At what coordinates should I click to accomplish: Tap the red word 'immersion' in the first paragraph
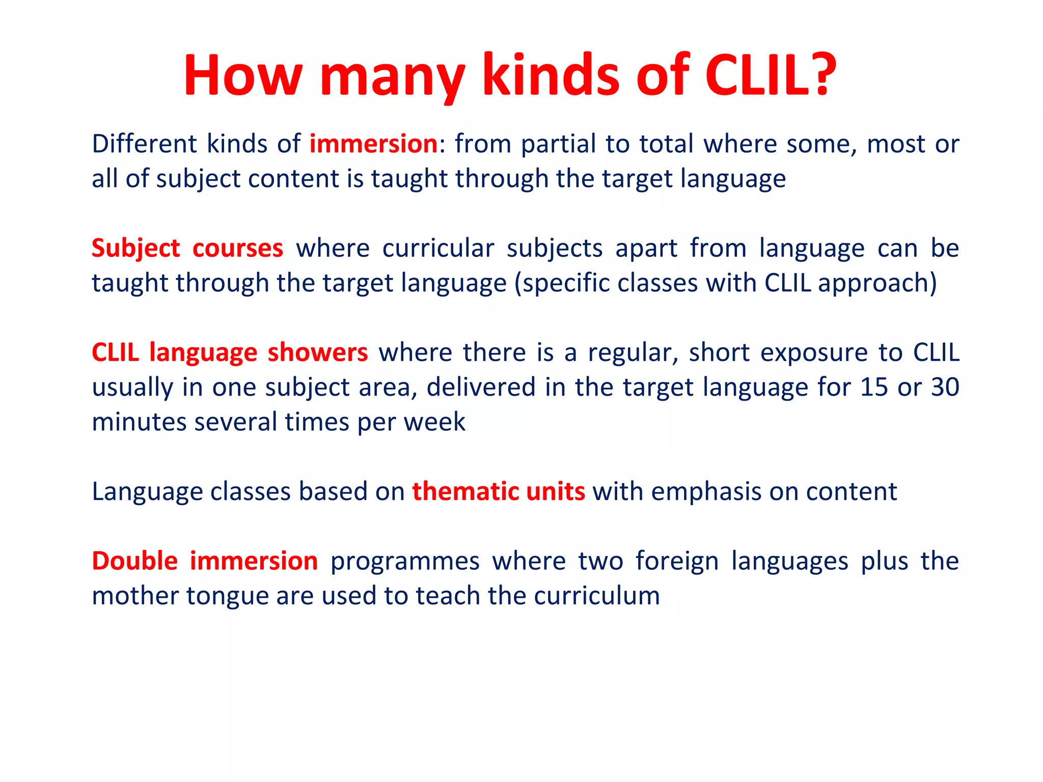click(373, 144)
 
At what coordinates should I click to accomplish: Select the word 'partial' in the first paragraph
click(558, 144)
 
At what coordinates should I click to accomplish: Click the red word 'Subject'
click(135, 249)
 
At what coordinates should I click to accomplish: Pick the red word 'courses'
click(237, 249)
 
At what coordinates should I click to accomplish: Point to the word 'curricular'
click(438, 249)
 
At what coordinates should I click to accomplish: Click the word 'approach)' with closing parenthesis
click(877, 284)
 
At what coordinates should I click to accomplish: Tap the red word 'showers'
click(317, 353)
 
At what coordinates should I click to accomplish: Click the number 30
click(945, 387)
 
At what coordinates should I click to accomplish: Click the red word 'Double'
click(134, 562)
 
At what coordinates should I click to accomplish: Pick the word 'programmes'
click(405, 562)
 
